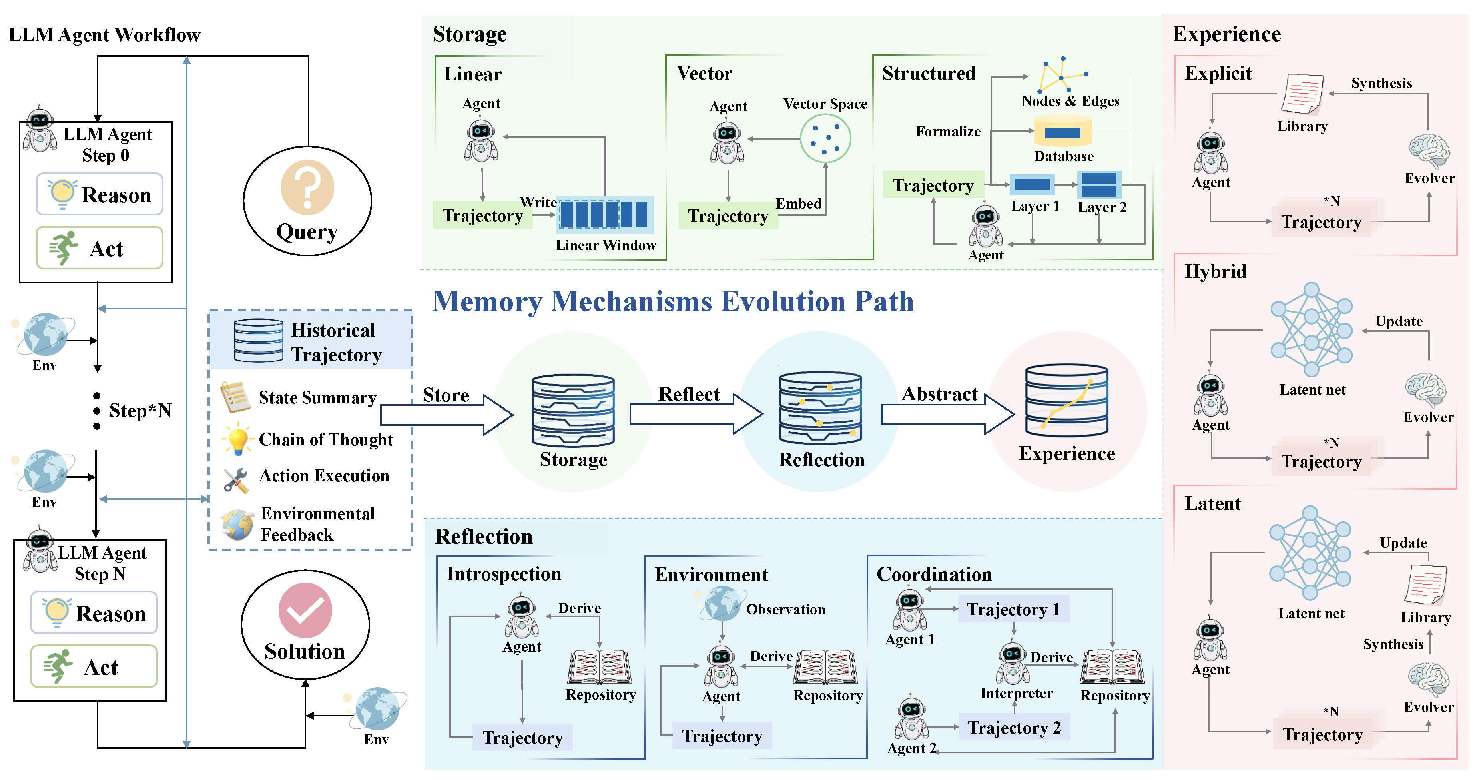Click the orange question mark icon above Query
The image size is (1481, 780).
(x=307, y=187)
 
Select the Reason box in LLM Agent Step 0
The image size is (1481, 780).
(x=100, y=194)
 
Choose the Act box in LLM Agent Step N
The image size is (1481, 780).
(x=94, y=667)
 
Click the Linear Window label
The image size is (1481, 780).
(x=606, y=245)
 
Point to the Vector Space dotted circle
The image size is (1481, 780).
(x=825, y=139)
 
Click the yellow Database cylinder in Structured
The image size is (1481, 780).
(x=1062, y=132)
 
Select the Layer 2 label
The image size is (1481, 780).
(x=1102, y=207)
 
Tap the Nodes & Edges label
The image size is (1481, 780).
(x=1070, y=101)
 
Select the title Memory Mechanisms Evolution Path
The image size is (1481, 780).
(x=673, y=301)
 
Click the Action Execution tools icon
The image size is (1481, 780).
(x=236, y=480)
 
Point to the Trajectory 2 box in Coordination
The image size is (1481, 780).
(x=1014, y=728)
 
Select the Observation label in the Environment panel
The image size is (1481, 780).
(x=785, y=610)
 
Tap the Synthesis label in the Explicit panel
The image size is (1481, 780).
(x=1381, y=84)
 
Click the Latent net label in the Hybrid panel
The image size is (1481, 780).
(x=1312, y=390)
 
